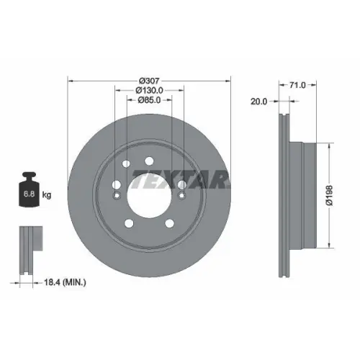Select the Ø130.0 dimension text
149,90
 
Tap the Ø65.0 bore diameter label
149,102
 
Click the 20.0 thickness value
259,102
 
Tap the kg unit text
46,194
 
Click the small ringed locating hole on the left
116,194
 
